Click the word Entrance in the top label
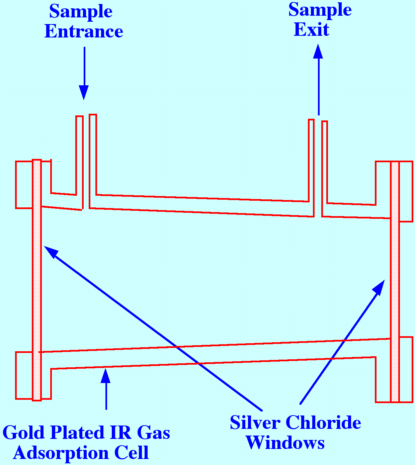pos(84,31)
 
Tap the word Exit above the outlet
pos(312,29)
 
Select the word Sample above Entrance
pos(81,11)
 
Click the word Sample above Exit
pos(320,10)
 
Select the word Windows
pos(285,443)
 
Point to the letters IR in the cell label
pos(123,433)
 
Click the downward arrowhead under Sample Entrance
pos(84,92)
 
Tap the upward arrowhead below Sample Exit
pos(318,52)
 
